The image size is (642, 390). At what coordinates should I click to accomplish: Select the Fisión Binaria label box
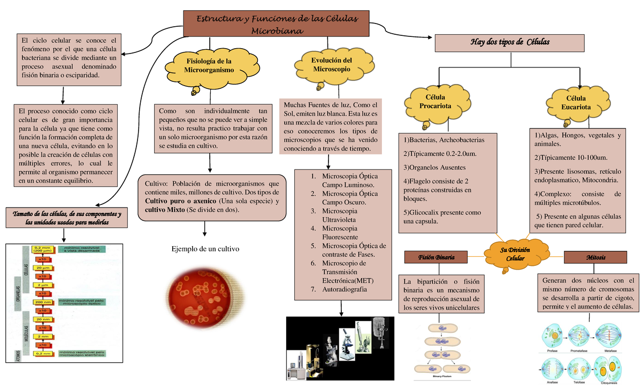(436, 257)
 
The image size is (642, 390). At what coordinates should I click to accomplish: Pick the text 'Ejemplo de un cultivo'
(205, 249)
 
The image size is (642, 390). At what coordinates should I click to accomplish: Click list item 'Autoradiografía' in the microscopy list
(345, 289)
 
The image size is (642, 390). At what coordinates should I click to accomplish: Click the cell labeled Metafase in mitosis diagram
(610, 335)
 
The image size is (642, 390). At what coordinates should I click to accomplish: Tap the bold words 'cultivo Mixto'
(161, 210)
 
